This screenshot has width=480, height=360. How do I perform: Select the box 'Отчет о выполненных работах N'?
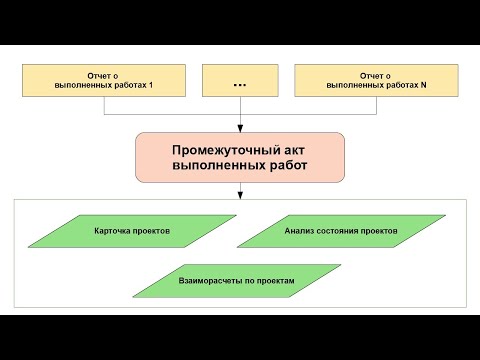pyautogui.click(x=376, y=81)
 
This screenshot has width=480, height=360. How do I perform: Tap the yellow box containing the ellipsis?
pyautogui.click(x=240, y=81)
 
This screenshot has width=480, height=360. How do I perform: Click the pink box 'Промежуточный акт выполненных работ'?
pyautogui.click(x=240, y=156)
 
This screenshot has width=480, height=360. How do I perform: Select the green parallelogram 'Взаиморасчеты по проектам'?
pyautogui.click(x=236, y=281)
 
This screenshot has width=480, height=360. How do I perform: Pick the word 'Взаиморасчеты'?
pyautogui.click(x=207, y=281)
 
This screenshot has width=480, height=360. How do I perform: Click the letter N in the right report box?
pyautogui.click(x=424, y=87)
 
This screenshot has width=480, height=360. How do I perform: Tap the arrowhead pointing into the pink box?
pyautogui.click(x=240, y=128)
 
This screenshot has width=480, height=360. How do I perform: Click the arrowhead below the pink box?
pyautogui.click(x=240, y=195)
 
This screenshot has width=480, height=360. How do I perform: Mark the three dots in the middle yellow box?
pyautogui.click(x=240, y=83)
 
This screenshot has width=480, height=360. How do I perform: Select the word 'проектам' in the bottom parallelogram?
pyautogui.click(x=274, y=281)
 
